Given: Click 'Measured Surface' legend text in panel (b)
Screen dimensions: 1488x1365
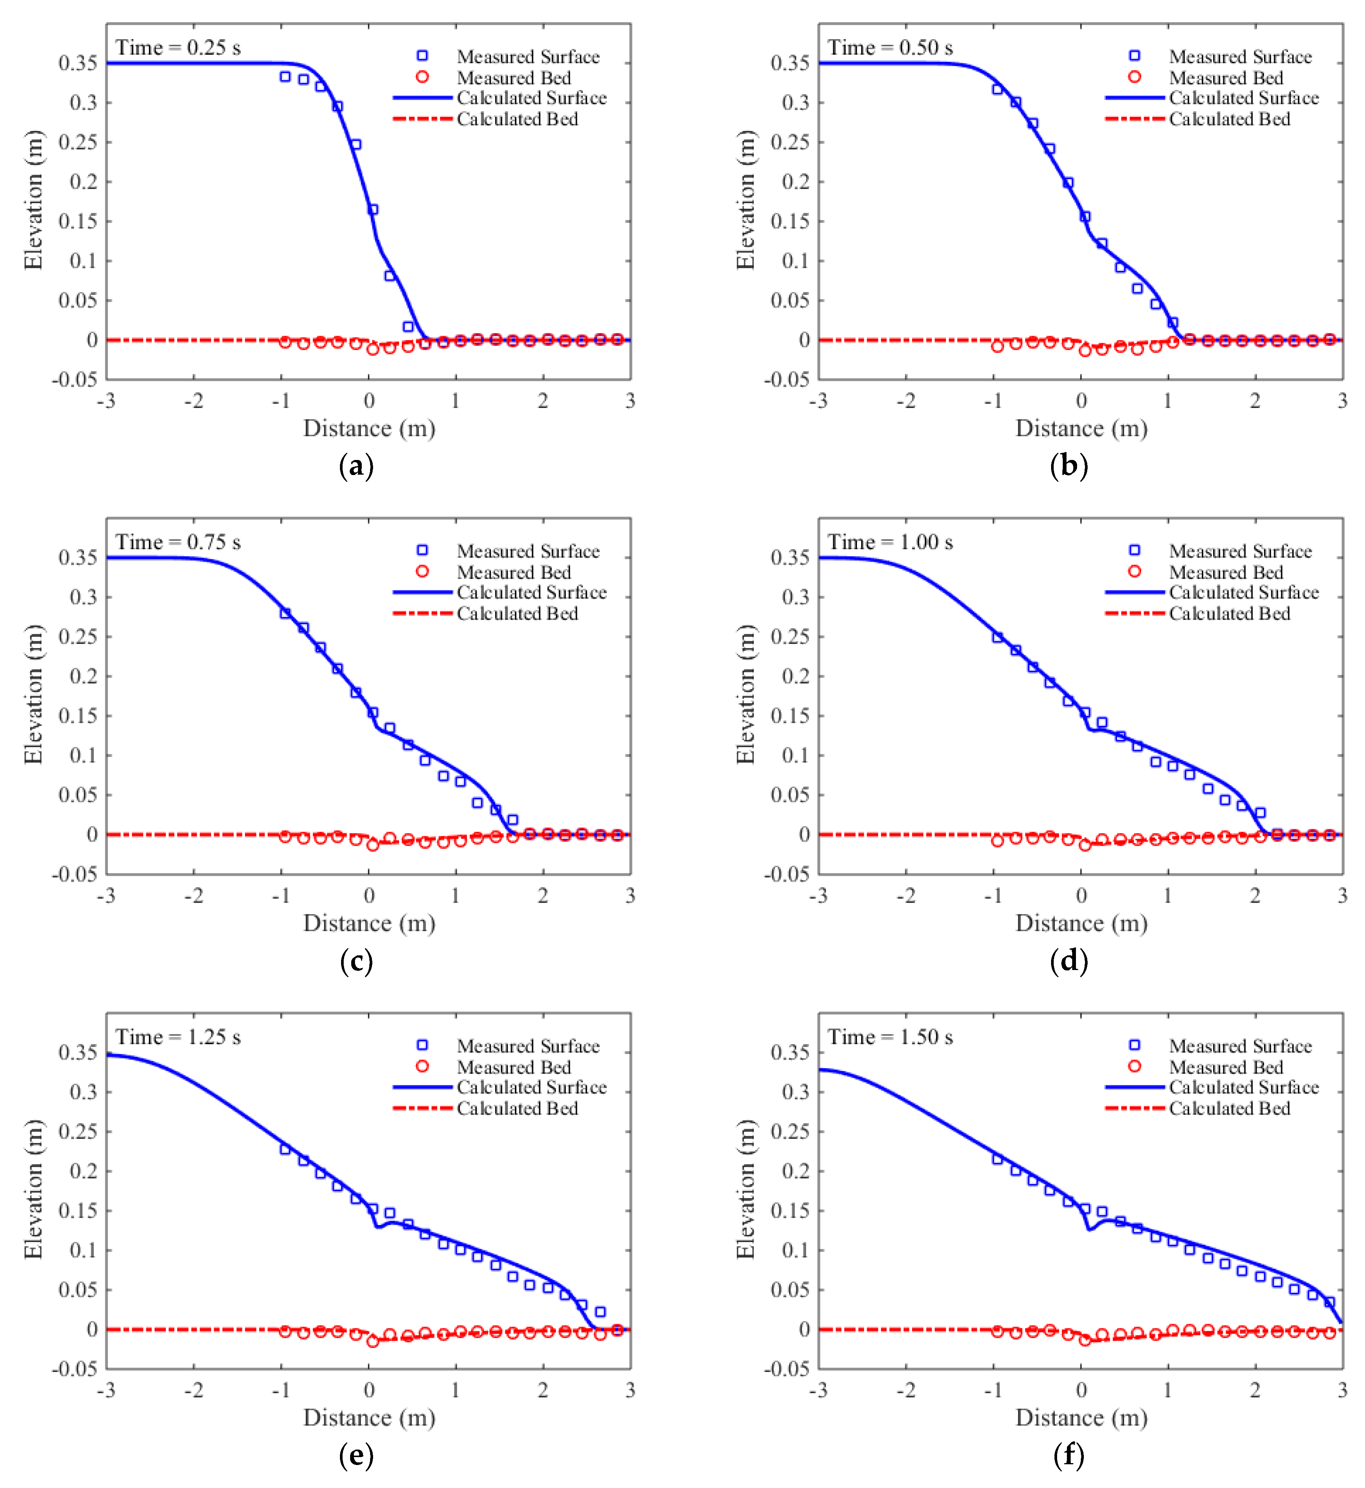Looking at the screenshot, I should pos(1240,57).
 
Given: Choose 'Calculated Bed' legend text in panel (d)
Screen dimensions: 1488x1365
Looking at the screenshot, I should pos(1229,614).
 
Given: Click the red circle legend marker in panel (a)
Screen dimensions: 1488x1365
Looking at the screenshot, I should pos(422,77).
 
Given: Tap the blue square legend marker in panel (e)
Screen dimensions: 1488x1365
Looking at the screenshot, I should pos(422,1045).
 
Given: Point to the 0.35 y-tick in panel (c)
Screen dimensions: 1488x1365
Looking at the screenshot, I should pos(78,558).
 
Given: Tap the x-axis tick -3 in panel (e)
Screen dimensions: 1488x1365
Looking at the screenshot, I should pos(106,1390).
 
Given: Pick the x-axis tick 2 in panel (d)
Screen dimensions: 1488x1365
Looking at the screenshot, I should pos(1255,896).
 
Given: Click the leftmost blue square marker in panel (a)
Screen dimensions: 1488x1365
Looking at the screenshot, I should pos(285,77).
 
